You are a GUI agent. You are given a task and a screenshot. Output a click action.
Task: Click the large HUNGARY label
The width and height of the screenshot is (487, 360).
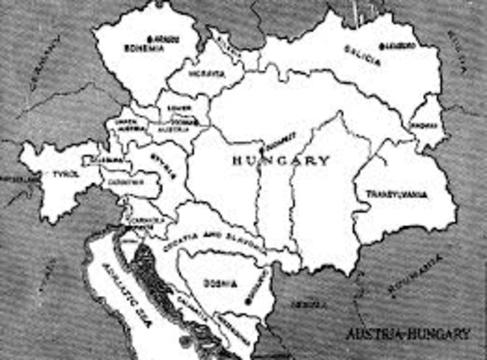click(x=281, y=161)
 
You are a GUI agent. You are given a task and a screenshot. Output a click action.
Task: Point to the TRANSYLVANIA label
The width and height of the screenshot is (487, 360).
click(x=396, y=194)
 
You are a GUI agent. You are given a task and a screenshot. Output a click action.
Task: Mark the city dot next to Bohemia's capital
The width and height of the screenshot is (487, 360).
click(x=152, y=37)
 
